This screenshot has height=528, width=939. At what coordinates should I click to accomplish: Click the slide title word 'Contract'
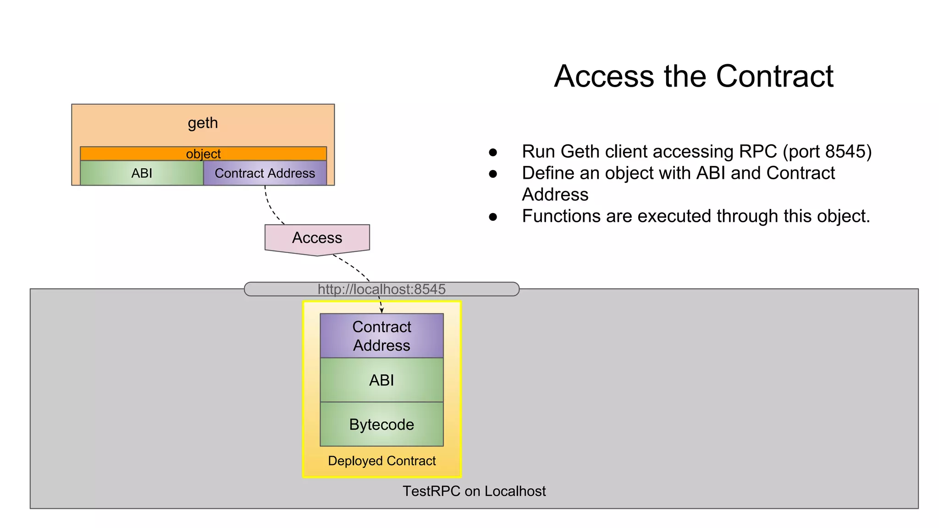coord(774,76)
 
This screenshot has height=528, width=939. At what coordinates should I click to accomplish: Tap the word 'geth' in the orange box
coord(203,123)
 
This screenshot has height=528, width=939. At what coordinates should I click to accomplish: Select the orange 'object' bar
coord(203,154)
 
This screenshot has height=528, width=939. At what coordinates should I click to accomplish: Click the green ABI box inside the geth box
coord(142,173)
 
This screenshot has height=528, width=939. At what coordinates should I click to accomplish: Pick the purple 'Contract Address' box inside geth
coord(265,173)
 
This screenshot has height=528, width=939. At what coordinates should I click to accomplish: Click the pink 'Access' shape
coord(317,238)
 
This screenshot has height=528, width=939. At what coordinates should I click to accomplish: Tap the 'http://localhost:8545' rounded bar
coord(381,289)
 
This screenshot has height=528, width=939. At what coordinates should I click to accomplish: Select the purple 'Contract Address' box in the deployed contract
coord(381,336)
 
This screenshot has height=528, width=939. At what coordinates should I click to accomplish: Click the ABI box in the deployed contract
coord(381,380)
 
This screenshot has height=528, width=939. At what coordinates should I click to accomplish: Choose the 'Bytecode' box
coord(381,424)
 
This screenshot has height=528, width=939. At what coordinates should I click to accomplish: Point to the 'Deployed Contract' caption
coord(381,461)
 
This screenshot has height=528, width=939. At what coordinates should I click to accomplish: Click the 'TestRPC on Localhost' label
coord(474,491)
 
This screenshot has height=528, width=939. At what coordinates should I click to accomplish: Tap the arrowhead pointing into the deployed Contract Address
coord(381,311)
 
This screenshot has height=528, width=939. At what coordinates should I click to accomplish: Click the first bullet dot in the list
coord(493,152)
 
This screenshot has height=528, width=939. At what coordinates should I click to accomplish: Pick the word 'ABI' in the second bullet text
coord(711,173)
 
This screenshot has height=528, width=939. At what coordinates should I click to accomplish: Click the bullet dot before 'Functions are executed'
coord(493,217)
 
